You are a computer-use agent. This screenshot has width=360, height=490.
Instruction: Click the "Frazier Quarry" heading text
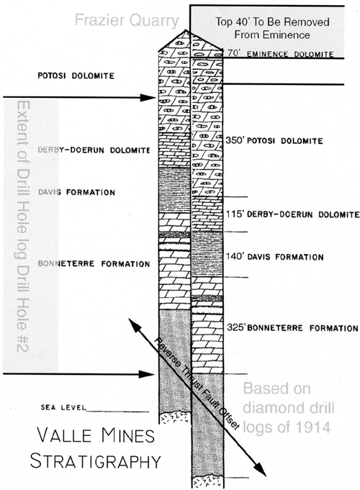pos(127,20)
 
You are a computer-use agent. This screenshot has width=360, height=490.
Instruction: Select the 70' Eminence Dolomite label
pos(280,54)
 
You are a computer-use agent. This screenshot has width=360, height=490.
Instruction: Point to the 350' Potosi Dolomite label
pos(274,140)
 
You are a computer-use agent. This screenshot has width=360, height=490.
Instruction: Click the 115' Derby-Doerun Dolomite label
pos(292,214)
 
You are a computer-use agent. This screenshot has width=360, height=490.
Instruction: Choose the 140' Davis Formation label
pos(274,257)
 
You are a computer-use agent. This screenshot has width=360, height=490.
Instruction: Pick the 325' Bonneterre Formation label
pos(292,328)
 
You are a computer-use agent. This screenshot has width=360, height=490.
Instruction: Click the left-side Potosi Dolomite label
pos(76,76)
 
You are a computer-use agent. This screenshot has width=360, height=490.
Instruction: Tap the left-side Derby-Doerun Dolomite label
pos(94,150)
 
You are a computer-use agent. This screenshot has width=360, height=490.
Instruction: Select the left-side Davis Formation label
pos(76,192)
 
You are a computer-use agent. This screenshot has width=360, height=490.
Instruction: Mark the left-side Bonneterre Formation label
pos(94,264)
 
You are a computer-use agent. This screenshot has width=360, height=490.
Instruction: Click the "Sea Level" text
pos(63,407)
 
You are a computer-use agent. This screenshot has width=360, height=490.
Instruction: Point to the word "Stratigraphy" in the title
pos(95,461)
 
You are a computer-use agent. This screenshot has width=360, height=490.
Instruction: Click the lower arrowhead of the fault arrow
pos(260,470)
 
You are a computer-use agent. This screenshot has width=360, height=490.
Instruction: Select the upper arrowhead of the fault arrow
pos(133,324)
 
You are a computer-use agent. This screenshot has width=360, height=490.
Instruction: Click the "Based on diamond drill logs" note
pos(288,407)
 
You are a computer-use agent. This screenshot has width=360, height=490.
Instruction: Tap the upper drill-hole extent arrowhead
pos(148,98)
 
